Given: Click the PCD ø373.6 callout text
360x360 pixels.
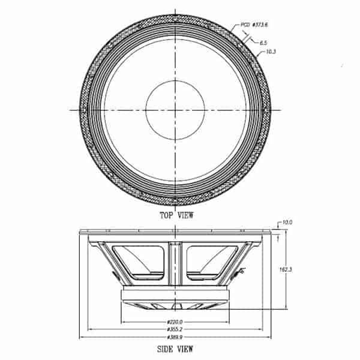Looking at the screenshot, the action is pyautogui.click(x=254, y=25).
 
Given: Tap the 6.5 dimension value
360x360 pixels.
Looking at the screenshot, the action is pyautogui.click(x=263, y=43).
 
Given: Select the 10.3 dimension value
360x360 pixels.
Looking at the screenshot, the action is pyautogui.click(x=271, y=52).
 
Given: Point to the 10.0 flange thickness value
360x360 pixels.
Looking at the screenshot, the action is pyautogui.click(x=287, y=222).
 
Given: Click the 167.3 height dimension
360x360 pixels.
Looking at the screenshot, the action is pyautogui.click(x=286, y=269).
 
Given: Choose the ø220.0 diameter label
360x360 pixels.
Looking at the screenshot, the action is pyautogui.click(x=175, y=322).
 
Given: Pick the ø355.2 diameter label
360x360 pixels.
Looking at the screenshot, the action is pyautogui.click(x=175, y=329).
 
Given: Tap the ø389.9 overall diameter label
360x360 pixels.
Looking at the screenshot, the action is pyautogui.click(x=175, y=337).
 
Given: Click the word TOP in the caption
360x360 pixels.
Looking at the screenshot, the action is pyautogui.click(x=166, y=215).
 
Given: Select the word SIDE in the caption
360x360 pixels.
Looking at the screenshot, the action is pyautogui.click(x=165, y=349).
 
